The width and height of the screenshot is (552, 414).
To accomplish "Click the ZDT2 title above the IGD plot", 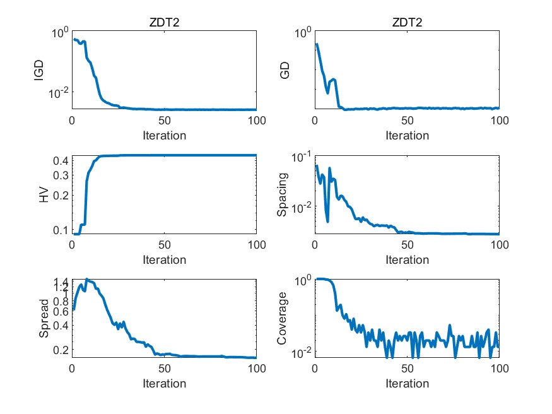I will point(164,22).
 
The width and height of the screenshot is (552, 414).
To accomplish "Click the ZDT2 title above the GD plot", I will point(407,22).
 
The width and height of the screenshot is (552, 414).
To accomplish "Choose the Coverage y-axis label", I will point(283,319).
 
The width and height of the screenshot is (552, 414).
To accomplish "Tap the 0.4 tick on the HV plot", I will point(61,161).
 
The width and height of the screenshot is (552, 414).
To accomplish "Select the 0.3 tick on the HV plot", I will point(61,175).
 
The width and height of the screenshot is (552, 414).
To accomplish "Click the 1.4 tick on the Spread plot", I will point(61,282).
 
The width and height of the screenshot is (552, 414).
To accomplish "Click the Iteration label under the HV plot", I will point(164,259).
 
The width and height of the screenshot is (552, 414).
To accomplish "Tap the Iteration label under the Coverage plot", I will point(407,384).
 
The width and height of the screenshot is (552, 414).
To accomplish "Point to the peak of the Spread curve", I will point(87,280).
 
